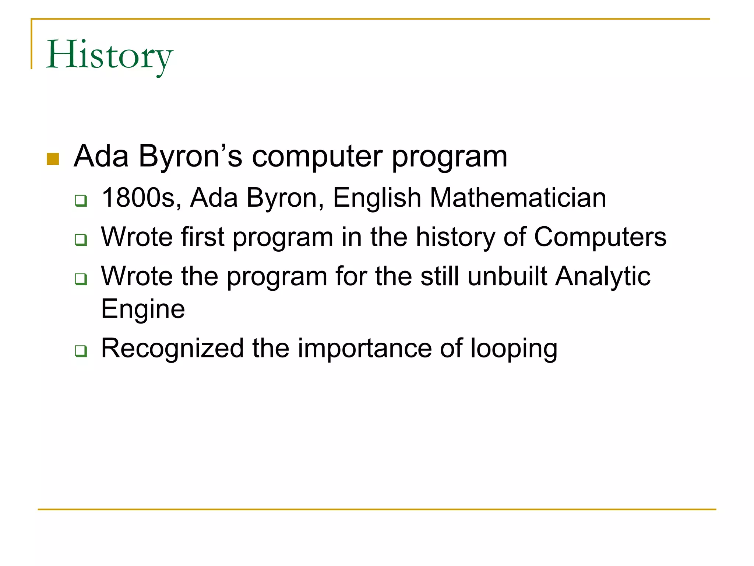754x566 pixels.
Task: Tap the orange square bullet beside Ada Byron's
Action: click(x=53, y=159)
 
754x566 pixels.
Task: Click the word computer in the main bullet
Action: click(x=317, y=157)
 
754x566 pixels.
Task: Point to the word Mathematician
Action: click(x=518, y=198)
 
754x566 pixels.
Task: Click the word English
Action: click(x=377, y=198)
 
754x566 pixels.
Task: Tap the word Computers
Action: click(x=600, y=237)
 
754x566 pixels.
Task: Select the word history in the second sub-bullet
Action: click(x=455, y=237)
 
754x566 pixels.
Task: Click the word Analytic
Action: click(x=603, y=276)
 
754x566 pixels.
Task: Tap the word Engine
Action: click(x=143, y=309)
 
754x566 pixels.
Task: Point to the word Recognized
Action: click(x=172, y=348)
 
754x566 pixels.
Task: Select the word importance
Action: click(x=364, y=348)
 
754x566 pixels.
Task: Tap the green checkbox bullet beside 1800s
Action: click(x=81, y=200)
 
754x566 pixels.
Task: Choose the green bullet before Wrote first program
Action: click(x=81, y=240)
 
